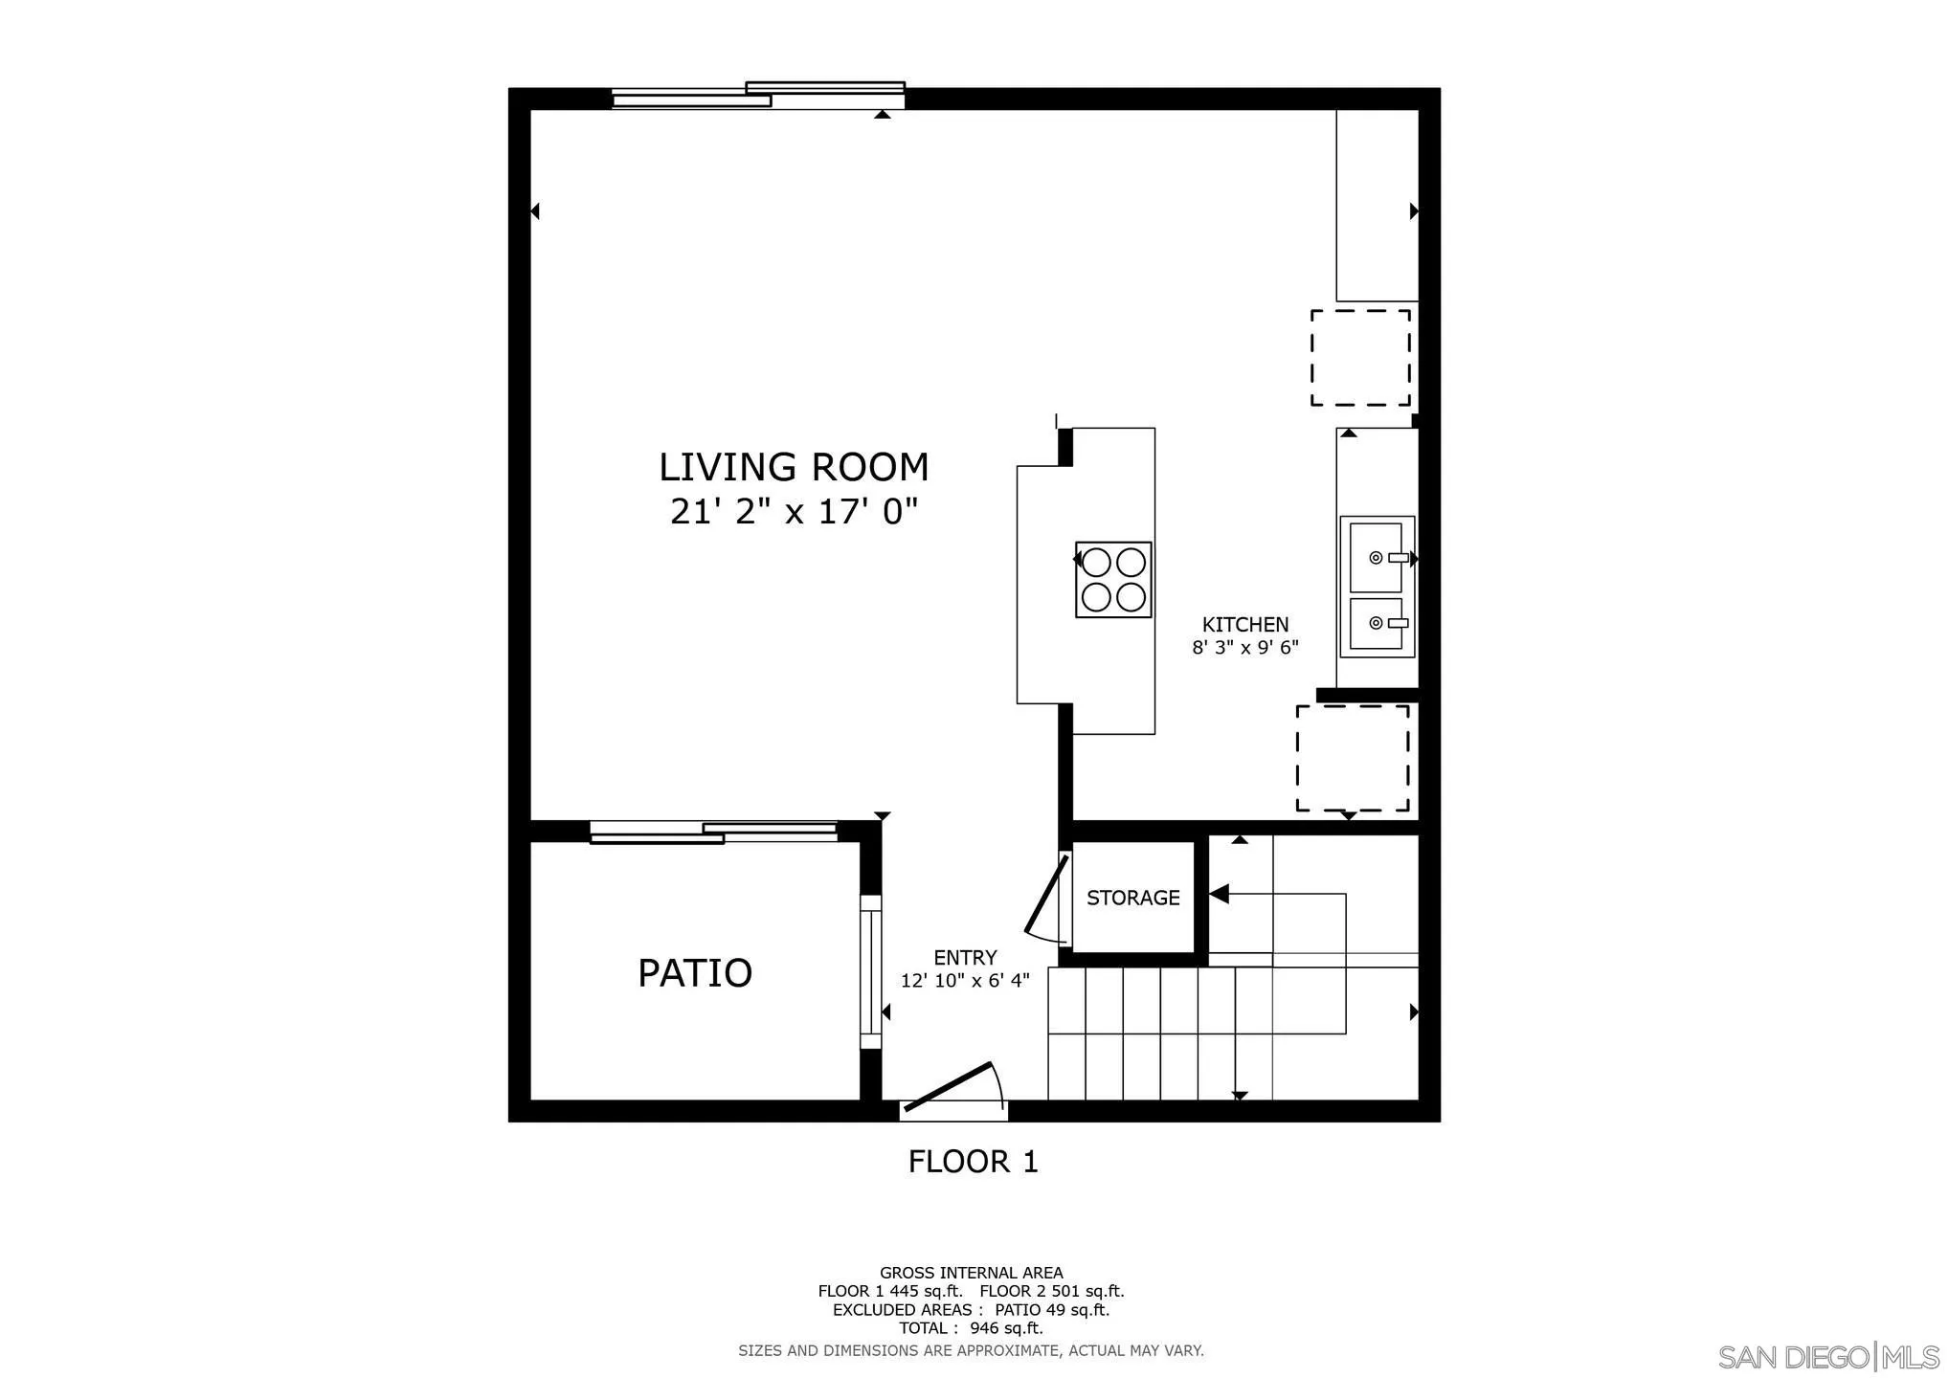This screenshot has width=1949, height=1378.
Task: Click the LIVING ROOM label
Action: click(794, 467)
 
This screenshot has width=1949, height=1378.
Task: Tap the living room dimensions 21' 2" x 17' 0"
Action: click(794, 512)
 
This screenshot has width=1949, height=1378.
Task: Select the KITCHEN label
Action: click(1244, 624)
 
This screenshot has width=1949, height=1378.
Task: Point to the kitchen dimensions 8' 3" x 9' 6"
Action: click(1244, 648)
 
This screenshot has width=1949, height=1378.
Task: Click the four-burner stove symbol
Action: click(1112, 580)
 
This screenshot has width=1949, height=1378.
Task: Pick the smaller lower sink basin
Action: click(1376, 624)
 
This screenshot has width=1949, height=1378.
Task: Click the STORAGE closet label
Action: click(1132, 898)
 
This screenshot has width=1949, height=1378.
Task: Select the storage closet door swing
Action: click(1047, 896)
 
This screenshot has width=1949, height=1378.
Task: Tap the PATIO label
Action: click(695, 973)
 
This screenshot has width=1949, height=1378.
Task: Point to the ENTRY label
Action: click(965, 958)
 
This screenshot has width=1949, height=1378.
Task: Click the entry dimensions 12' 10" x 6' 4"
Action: click(965, 981)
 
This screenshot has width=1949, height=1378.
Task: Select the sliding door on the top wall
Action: click(758, 96)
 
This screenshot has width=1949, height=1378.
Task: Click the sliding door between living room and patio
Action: click(713, 832)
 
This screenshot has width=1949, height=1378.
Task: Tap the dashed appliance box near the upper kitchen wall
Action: click(1359, 357)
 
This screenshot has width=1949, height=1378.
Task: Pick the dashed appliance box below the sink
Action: click(1352, 758)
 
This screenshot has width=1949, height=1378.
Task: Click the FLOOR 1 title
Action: click(973, 1162)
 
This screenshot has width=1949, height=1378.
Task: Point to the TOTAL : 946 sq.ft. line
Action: click(971, 1328)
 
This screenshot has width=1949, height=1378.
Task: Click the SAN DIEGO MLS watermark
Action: click(1828, 1357)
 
